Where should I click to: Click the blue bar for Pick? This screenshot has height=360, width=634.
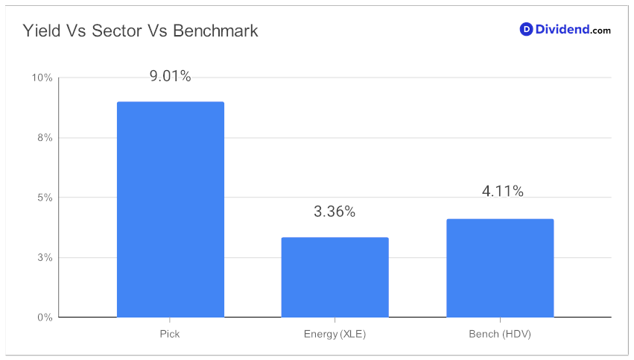170,209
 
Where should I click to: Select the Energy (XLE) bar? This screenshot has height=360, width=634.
335,277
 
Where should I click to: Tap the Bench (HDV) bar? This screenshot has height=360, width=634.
500,268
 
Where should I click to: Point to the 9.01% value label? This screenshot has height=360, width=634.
170,76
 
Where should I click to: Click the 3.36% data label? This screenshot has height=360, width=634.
335,212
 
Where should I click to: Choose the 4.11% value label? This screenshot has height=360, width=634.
503,191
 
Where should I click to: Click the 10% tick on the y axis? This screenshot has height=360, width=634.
42,78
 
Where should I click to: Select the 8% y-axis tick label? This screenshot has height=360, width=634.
45,138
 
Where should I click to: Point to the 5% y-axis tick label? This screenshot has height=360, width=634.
45,198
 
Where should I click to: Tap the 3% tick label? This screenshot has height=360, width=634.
45,258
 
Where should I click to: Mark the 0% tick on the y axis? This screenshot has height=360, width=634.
45,318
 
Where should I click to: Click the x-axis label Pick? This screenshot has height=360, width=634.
170,334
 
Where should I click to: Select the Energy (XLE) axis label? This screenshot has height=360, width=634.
335,334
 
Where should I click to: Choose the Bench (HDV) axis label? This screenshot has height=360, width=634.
500,334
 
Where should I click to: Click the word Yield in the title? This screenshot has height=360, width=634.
41,31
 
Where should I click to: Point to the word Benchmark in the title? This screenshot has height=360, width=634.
215,31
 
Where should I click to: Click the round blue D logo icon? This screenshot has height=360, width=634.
526,29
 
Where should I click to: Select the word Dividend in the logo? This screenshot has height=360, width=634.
562,29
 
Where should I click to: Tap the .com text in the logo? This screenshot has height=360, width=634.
600,31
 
